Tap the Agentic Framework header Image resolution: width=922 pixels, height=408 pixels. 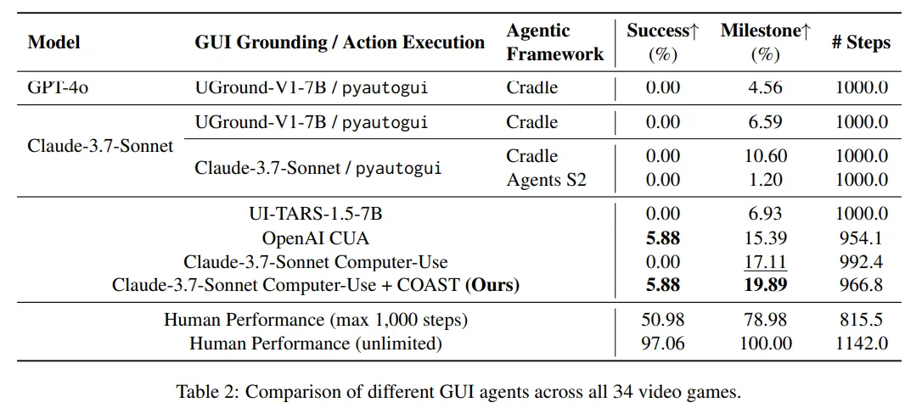coord(555,42)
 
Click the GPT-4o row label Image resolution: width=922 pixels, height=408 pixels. coord(58,87)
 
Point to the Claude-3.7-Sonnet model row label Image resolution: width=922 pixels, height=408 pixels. coord(100,146)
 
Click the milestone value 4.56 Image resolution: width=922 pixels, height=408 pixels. coord(766,87)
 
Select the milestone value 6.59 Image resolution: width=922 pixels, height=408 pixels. coord(766,122)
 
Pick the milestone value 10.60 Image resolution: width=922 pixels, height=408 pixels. coord(766,156)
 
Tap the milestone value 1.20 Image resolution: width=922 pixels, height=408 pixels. coord(766,180)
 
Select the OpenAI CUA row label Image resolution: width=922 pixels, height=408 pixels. coord(316,238)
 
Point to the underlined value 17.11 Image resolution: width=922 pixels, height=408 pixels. coord(766,262)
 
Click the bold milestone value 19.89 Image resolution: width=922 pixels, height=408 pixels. coord(766,286)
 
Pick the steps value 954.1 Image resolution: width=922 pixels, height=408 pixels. coord(861,238)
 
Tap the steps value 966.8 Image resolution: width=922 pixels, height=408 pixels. coord(861,286)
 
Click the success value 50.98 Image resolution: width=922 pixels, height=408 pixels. coord(662,321)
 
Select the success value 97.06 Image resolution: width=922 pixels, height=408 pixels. coord(662,344)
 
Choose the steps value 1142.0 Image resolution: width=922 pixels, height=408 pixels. coord(861,344)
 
